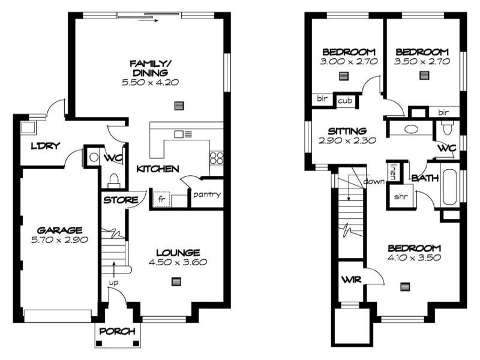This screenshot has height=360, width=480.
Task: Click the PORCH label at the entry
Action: coord(118,331)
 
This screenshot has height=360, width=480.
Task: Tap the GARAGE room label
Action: coord(59,230)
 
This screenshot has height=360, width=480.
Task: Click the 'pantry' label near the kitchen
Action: coord(207,194)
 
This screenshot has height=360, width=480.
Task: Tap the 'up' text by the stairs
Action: coord(113,282)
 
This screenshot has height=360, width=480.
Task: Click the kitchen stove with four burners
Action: coord(216,158)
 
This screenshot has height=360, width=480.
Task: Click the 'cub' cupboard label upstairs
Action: coord(344,100)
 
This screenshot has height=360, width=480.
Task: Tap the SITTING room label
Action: coord(347,131)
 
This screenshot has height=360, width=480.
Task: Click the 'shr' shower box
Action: coord(400,196)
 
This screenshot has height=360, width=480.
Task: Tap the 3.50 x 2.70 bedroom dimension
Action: coord(421,61)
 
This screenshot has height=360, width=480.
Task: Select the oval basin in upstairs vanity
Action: coord(412,128)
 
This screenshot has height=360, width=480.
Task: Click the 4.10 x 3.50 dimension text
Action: coord(414,258)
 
